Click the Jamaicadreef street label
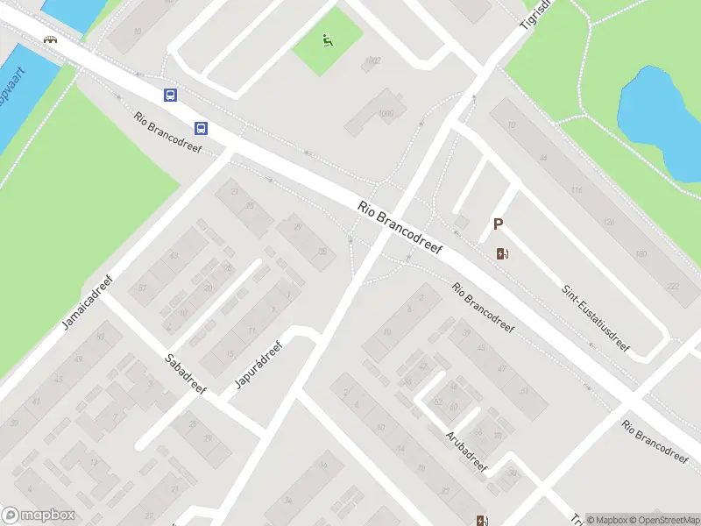pyautogui.click(x=89, y=303)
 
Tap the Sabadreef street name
pyautogui.click(x=185, y=373)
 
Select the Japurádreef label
pyautogui.click(x=257, y=364)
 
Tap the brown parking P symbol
pyautogui.click(x=498, y=224)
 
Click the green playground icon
pyautogui.click(x=327, y=40)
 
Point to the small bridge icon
pyautogui.click(x=51, y=39)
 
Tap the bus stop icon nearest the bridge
pyautogui.click(x=170, y=95)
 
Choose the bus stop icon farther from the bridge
pyautogui.click(x=202, y=128)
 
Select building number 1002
pyautogui.click(x=373, y=60)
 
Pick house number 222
pyautogui.click(x=673, y=287)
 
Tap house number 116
pyautogui.click(x=576, y=190)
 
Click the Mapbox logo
pyautogui.click(x=39, y=515)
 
